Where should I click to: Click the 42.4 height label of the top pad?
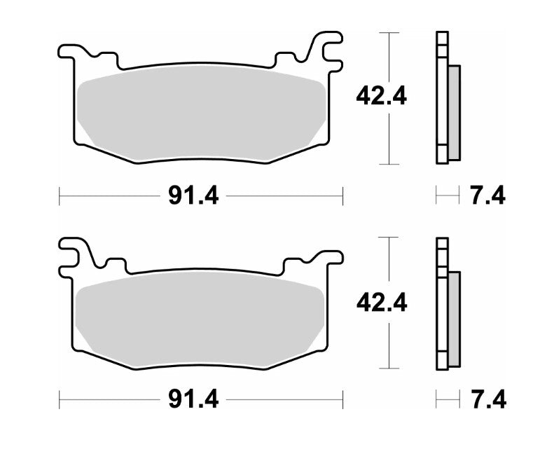click(381, 95)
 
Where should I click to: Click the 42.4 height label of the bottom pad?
click(381, 303)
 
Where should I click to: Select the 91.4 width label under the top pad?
click(193, 196)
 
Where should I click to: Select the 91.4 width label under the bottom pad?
click(193, 401)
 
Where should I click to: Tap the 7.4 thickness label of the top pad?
click(487, 196)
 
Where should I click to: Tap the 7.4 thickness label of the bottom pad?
click(487, 401)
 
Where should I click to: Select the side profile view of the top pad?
click(446, 98)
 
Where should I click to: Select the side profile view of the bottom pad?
click(446, 303)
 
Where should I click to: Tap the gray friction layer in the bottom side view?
click(453, 319)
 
